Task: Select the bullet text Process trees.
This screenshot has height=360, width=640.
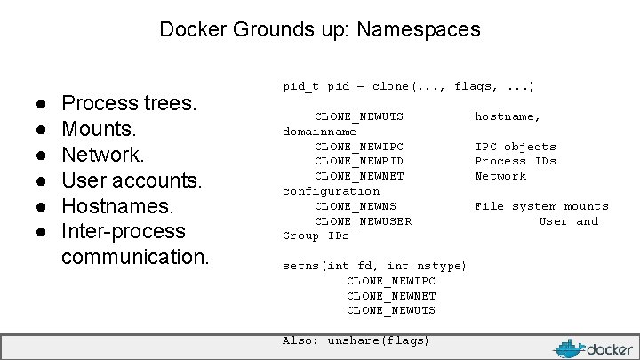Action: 129,103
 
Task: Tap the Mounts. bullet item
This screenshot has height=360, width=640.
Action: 98,129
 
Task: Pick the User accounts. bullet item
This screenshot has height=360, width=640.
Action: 132,180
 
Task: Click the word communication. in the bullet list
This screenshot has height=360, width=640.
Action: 135,257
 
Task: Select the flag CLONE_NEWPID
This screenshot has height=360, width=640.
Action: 359,161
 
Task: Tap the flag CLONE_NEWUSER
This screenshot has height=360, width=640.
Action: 363,221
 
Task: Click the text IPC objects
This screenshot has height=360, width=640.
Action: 516,147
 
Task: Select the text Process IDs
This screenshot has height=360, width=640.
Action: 516,161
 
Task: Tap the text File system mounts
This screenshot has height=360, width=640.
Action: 541,206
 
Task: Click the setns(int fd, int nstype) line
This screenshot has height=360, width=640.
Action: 374,266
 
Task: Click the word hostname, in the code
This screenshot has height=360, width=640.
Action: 508,116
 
